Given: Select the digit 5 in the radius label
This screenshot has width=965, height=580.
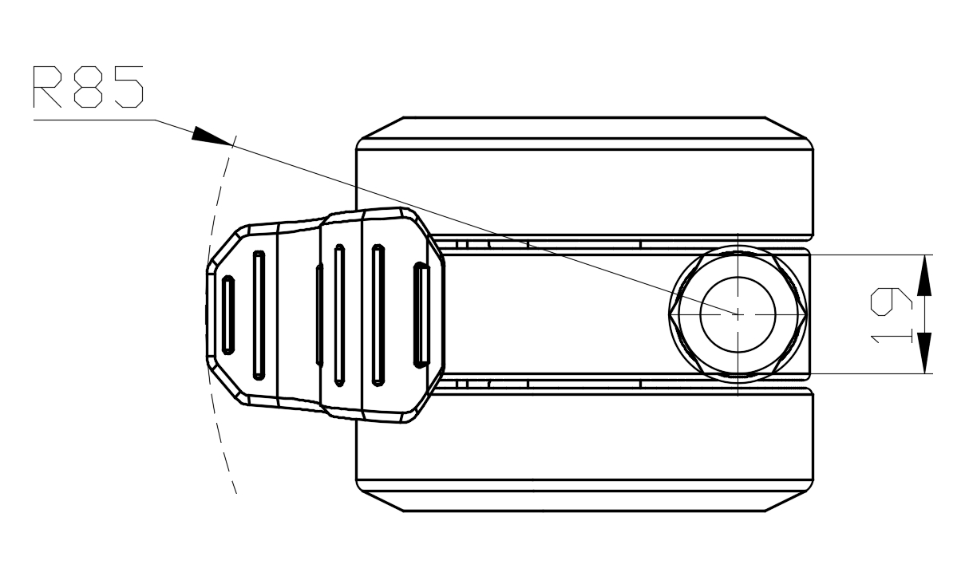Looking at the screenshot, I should pyautogui.click(x=128, y=87).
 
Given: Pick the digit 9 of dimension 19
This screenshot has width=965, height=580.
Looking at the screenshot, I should pyautogui.click(x=891, y=302).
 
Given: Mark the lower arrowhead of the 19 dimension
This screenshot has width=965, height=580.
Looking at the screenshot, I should pyautogui.click(x=923, y=354).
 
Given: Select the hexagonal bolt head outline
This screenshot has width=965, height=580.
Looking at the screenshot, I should pyautogui.click(x=675, y=314).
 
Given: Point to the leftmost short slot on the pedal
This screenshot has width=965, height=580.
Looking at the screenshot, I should pyautogui.click(x=228, y=314).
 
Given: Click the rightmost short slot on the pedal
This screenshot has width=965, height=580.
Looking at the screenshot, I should pyautogui.click(x=421, y=314).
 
